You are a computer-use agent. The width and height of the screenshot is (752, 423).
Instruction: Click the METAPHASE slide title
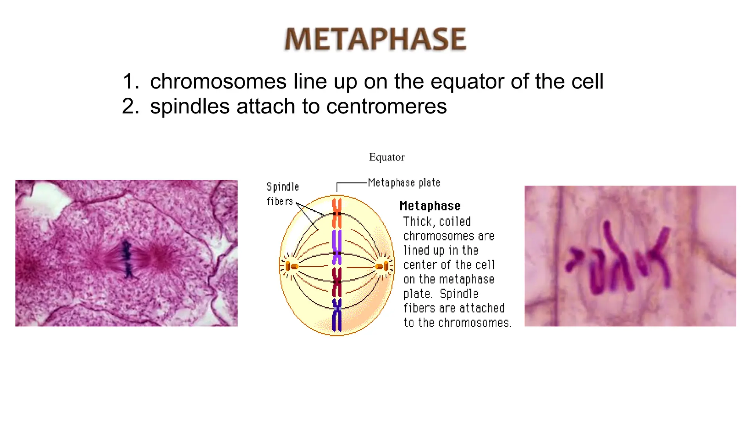[375, 39]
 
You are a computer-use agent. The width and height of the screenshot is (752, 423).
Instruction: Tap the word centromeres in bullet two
[386, 106]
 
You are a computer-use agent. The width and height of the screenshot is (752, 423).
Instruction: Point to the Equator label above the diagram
[386, 157]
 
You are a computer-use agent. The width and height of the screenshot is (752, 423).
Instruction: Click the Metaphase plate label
[404, 182]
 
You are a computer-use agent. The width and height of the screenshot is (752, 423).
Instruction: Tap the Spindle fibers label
[282, 194]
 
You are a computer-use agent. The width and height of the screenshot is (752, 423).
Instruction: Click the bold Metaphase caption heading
[430, 206]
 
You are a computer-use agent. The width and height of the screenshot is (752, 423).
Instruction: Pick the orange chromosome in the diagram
[337, 213]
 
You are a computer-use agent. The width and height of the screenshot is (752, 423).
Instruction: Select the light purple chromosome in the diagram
[337, 247]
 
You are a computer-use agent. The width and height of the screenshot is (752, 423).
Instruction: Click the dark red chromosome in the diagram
[337, 282]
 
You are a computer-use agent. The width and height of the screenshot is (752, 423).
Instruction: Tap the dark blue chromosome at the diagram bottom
[337, 315]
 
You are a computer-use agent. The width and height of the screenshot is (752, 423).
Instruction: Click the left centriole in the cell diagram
[291, 266]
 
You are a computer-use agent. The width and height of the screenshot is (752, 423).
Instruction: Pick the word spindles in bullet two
[190, 106]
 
